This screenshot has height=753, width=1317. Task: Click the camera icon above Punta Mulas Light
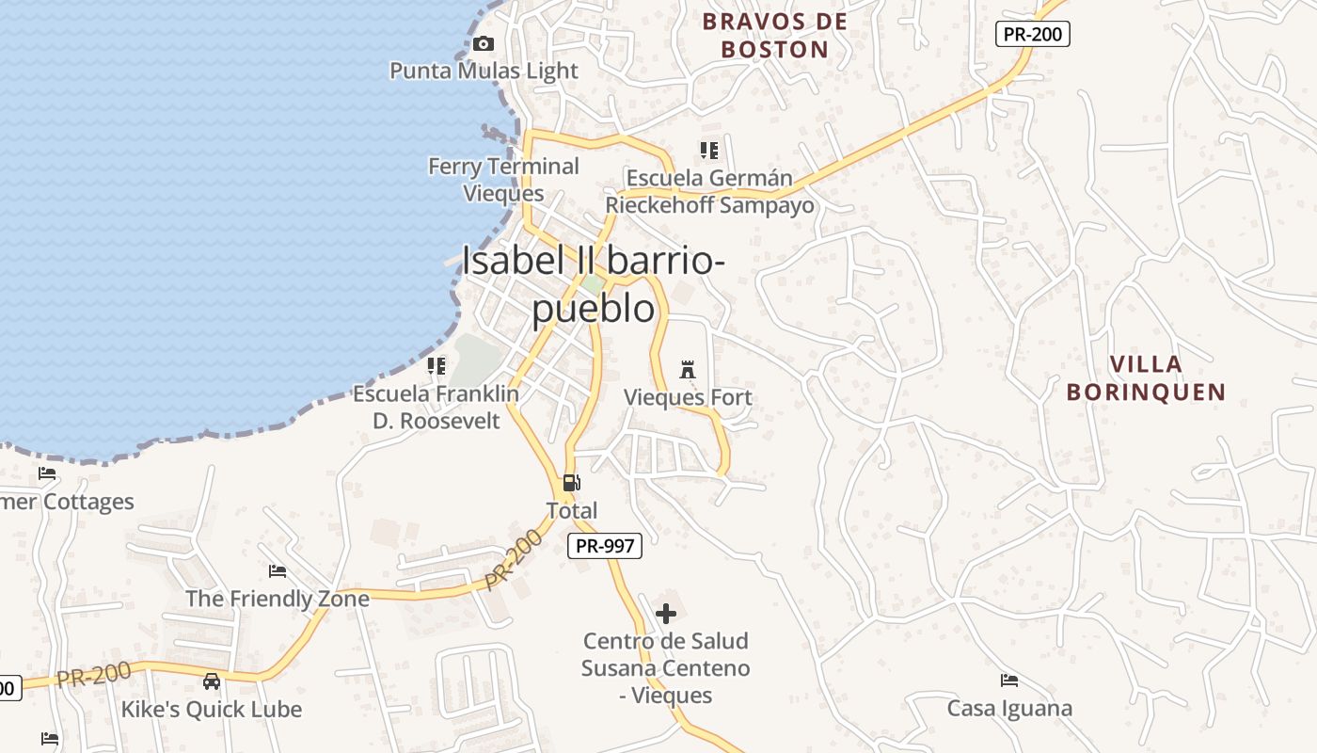(x=484, y=44)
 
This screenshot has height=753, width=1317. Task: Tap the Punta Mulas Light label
(x=484, y=71)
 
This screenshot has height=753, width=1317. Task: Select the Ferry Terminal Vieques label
(x=503, y=180)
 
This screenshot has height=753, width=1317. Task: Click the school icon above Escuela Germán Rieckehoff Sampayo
(x=709, y=151)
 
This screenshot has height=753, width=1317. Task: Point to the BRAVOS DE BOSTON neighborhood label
(x=775, y=36)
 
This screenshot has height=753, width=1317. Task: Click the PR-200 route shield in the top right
(x=1032, y=35)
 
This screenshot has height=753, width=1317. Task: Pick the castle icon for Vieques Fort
(x=688, y=369)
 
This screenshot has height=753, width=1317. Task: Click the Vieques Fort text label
(x=688, y=398)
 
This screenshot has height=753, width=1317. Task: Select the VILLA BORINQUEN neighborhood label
(x=1146, y=378)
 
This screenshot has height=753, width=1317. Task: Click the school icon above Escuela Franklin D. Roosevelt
(x=436, y=365)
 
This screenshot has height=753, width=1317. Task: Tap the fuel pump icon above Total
(x=571, y=483)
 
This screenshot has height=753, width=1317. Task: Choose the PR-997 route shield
(x=605, y=546)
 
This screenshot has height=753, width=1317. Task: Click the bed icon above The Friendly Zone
(x=278, y=571)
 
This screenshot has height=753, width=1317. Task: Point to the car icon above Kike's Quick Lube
(x=212, y=681)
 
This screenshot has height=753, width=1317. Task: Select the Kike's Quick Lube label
(x=212, y=710)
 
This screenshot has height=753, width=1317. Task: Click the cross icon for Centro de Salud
(x=666, y=615)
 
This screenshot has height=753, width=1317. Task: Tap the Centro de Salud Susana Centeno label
(x=666, y=668)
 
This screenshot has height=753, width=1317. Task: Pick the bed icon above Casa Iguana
(x=1009, y=681)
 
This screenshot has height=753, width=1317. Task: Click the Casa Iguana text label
(x=1009, y=709)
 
